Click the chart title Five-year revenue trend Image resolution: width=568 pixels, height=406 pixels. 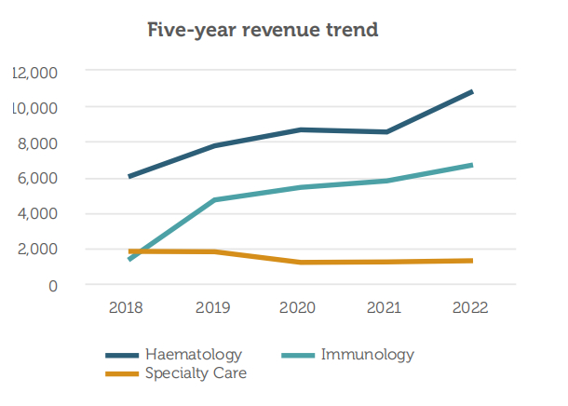(x=263, y=30)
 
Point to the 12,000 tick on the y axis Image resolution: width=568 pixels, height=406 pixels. (x=35, y=72)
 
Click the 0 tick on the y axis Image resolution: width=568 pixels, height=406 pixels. (x=53, y=285)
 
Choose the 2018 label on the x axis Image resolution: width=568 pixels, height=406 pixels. (x=129, y=307)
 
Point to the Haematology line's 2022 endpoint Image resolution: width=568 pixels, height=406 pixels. (x=472, y=92)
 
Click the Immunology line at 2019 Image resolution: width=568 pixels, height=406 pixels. (x=215, y=200)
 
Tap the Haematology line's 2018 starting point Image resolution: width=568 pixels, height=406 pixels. (x=129, y=177)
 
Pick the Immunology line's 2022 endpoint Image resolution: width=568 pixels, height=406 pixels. (x=472, y=166)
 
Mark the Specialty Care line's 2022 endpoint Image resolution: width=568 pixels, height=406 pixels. (x=472, y=261)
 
